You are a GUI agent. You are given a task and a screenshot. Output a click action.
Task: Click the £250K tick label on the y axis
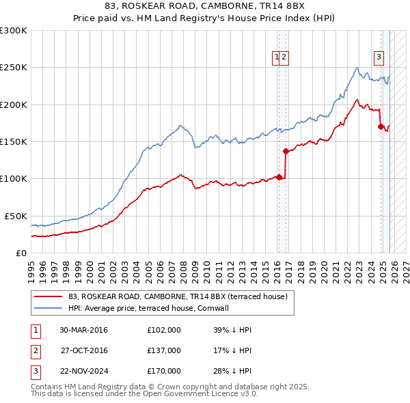pyautogui.click(x=13, y=68)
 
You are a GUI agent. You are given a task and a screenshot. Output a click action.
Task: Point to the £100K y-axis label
pyautogui.click(x=13, y=178)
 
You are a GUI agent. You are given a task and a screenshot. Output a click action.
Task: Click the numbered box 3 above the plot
pyautogui.click(x=378, y=57)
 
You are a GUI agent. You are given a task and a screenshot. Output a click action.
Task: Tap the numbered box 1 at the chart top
pyautogui.click(x=277, y=57)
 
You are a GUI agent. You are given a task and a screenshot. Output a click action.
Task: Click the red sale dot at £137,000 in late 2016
pyautogui.click(x=285, y=151)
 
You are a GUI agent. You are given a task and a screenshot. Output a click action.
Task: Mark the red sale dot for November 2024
pyautogui.click(x=380, y=126)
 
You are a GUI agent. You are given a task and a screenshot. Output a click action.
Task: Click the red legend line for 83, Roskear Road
pyautogui.click(x=49, y=296)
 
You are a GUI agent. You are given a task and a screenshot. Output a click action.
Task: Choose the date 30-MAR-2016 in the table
pyautogui.click(x=83, y=330)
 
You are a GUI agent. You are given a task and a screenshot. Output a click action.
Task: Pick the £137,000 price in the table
pyautogui.click(x=163, y=350)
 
